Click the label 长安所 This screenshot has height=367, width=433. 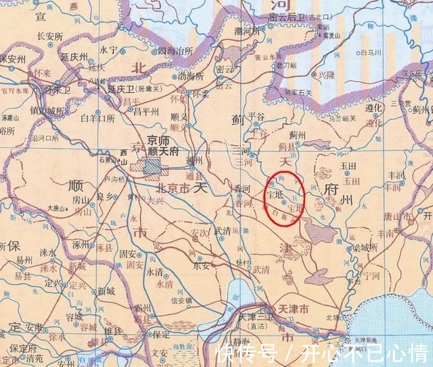pos(49,36)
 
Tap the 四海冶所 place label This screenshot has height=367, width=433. pos(175,51)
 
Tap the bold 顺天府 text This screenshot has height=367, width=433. pos(164,152)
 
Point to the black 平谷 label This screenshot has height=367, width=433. pos(255,116)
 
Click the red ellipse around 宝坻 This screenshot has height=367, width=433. pos(284,200)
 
